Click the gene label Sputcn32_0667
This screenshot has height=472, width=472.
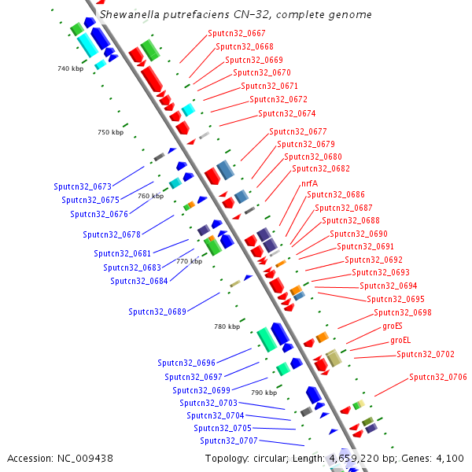237,34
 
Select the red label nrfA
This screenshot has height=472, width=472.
309,183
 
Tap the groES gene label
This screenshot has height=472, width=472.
393,326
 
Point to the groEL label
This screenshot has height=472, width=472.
400,341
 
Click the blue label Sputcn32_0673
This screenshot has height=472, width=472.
83,187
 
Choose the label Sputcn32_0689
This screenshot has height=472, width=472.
157,312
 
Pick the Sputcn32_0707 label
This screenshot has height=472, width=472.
228,441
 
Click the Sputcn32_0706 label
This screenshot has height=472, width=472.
438,378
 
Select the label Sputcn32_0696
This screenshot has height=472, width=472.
186,363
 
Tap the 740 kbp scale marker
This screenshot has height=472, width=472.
70,69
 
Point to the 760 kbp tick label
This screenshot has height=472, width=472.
150,197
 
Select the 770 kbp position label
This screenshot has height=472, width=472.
189,262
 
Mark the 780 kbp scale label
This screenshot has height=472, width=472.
227,326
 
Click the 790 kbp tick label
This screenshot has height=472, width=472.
264,392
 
